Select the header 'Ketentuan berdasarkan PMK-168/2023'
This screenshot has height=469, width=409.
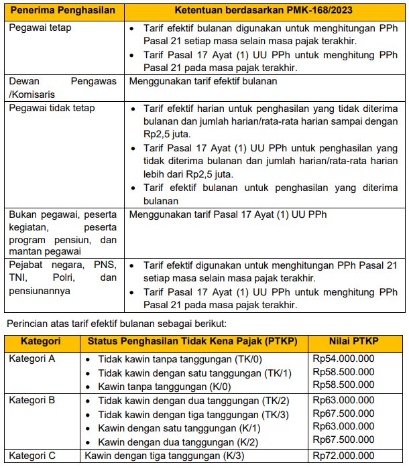(264, 12)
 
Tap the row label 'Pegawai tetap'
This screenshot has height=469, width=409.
(40, 28)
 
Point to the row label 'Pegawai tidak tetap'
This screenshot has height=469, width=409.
(52, 108)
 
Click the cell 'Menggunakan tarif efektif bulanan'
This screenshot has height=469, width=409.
(203, 81)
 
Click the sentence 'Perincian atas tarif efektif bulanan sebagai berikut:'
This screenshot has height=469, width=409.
(117, 324)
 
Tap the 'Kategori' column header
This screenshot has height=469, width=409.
(40, 341)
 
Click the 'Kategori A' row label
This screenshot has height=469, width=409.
(32, 358)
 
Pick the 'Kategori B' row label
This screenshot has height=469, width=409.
(32, 399)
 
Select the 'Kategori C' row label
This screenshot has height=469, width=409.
(32, 456)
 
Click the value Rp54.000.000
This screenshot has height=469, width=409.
(343, 358)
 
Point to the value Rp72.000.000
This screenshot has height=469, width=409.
(343, 456)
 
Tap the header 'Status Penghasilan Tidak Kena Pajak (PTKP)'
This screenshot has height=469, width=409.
(193, 341)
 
